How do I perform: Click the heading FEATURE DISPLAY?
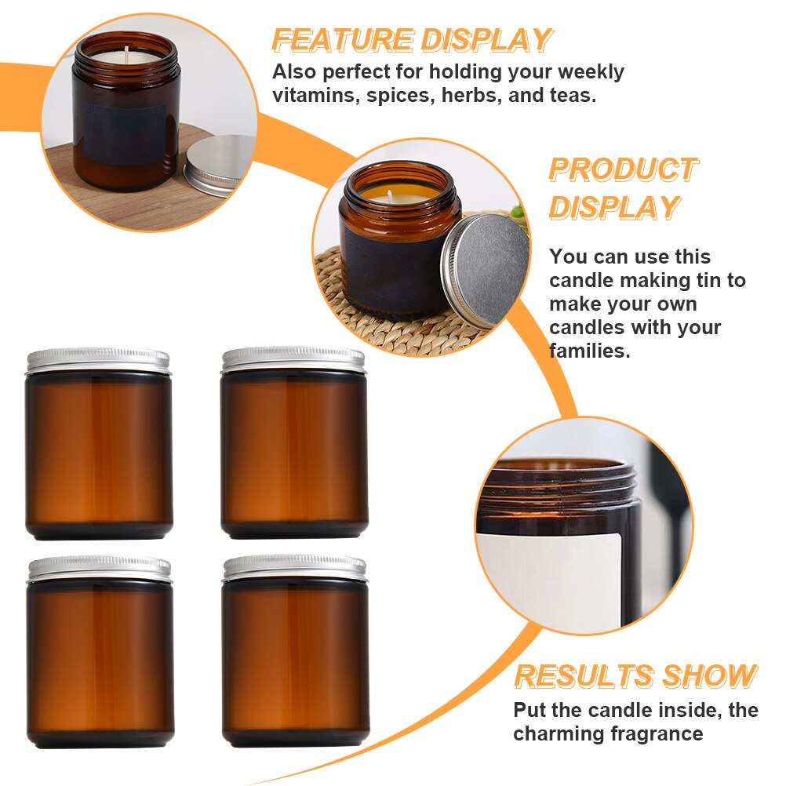click(412, 40)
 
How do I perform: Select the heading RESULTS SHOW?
click(635, 676)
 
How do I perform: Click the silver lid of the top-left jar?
click(98, 360)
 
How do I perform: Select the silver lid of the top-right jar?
click(293, 360)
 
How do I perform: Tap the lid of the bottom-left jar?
click(99, 569)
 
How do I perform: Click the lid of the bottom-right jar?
click(294, 569)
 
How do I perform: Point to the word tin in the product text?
click(715, 280)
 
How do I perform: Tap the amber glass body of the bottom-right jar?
click(294, 659)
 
